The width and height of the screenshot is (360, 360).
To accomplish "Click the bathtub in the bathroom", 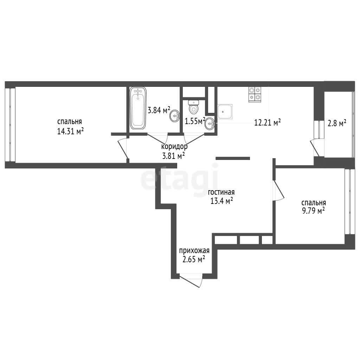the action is [138, 108].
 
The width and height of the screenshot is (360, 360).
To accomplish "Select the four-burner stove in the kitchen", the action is [255, 95].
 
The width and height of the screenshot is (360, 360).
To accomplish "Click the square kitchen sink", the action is [225, 111].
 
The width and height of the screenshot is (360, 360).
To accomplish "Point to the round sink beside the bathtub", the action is [175, 116].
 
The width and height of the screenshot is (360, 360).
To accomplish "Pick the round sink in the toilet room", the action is [210, 124].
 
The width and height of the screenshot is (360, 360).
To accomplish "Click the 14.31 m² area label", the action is [70, 131].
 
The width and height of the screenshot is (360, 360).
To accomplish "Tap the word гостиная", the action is [221, 192].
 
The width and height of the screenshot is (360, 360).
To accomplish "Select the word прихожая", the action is [194, 250].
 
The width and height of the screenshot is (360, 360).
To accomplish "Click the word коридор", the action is [174, 147].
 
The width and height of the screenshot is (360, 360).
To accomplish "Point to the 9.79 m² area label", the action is [313, 210].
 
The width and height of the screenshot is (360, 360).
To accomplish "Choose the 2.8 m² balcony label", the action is [337, 123].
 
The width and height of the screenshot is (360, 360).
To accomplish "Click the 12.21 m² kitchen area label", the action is [268, 122].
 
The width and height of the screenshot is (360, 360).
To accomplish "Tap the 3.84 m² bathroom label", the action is [159, 110].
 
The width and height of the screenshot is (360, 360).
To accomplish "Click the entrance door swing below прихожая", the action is [191, 280].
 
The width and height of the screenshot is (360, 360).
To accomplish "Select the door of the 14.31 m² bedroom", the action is [123, 148].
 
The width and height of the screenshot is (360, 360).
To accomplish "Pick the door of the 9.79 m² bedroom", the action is [278, 191].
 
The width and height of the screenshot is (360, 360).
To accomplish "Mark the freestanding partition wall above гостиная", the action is [233, 158].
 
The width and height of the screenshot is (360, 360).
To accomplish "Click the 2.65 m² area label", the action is [194, 259].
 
